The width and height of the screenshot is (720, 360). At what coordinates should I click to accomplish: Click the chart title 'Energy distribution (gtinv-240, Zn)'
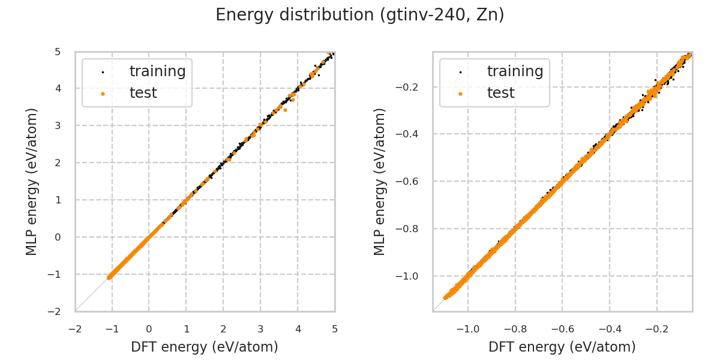pos(360,15)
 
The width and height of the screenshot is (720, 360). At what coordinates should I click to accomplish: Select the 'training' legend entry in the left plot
pos(157,71)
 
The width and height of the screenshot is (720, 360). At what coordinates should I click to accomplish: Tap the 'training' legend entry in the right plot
pos(515,71)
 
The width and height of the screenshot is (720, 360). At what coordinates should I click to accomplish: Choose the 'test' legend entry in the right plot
pos(500,93)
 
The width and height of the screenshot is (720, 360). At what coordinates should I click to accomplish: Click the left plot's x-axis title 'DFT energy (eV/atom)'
pos(205,347)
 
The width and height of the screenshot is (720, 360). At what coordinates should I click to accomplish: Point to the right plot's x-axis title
pos(562,347)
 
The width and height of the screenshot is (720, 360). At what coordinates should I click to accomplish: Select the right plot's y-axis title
pos(380,181)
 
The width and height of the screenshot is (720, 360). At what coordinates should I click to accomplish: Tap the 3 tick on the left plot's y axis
pos(57,125)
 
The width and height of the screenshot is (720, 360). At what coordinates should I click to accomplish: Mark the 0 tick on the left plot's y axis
pos(57,237)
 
